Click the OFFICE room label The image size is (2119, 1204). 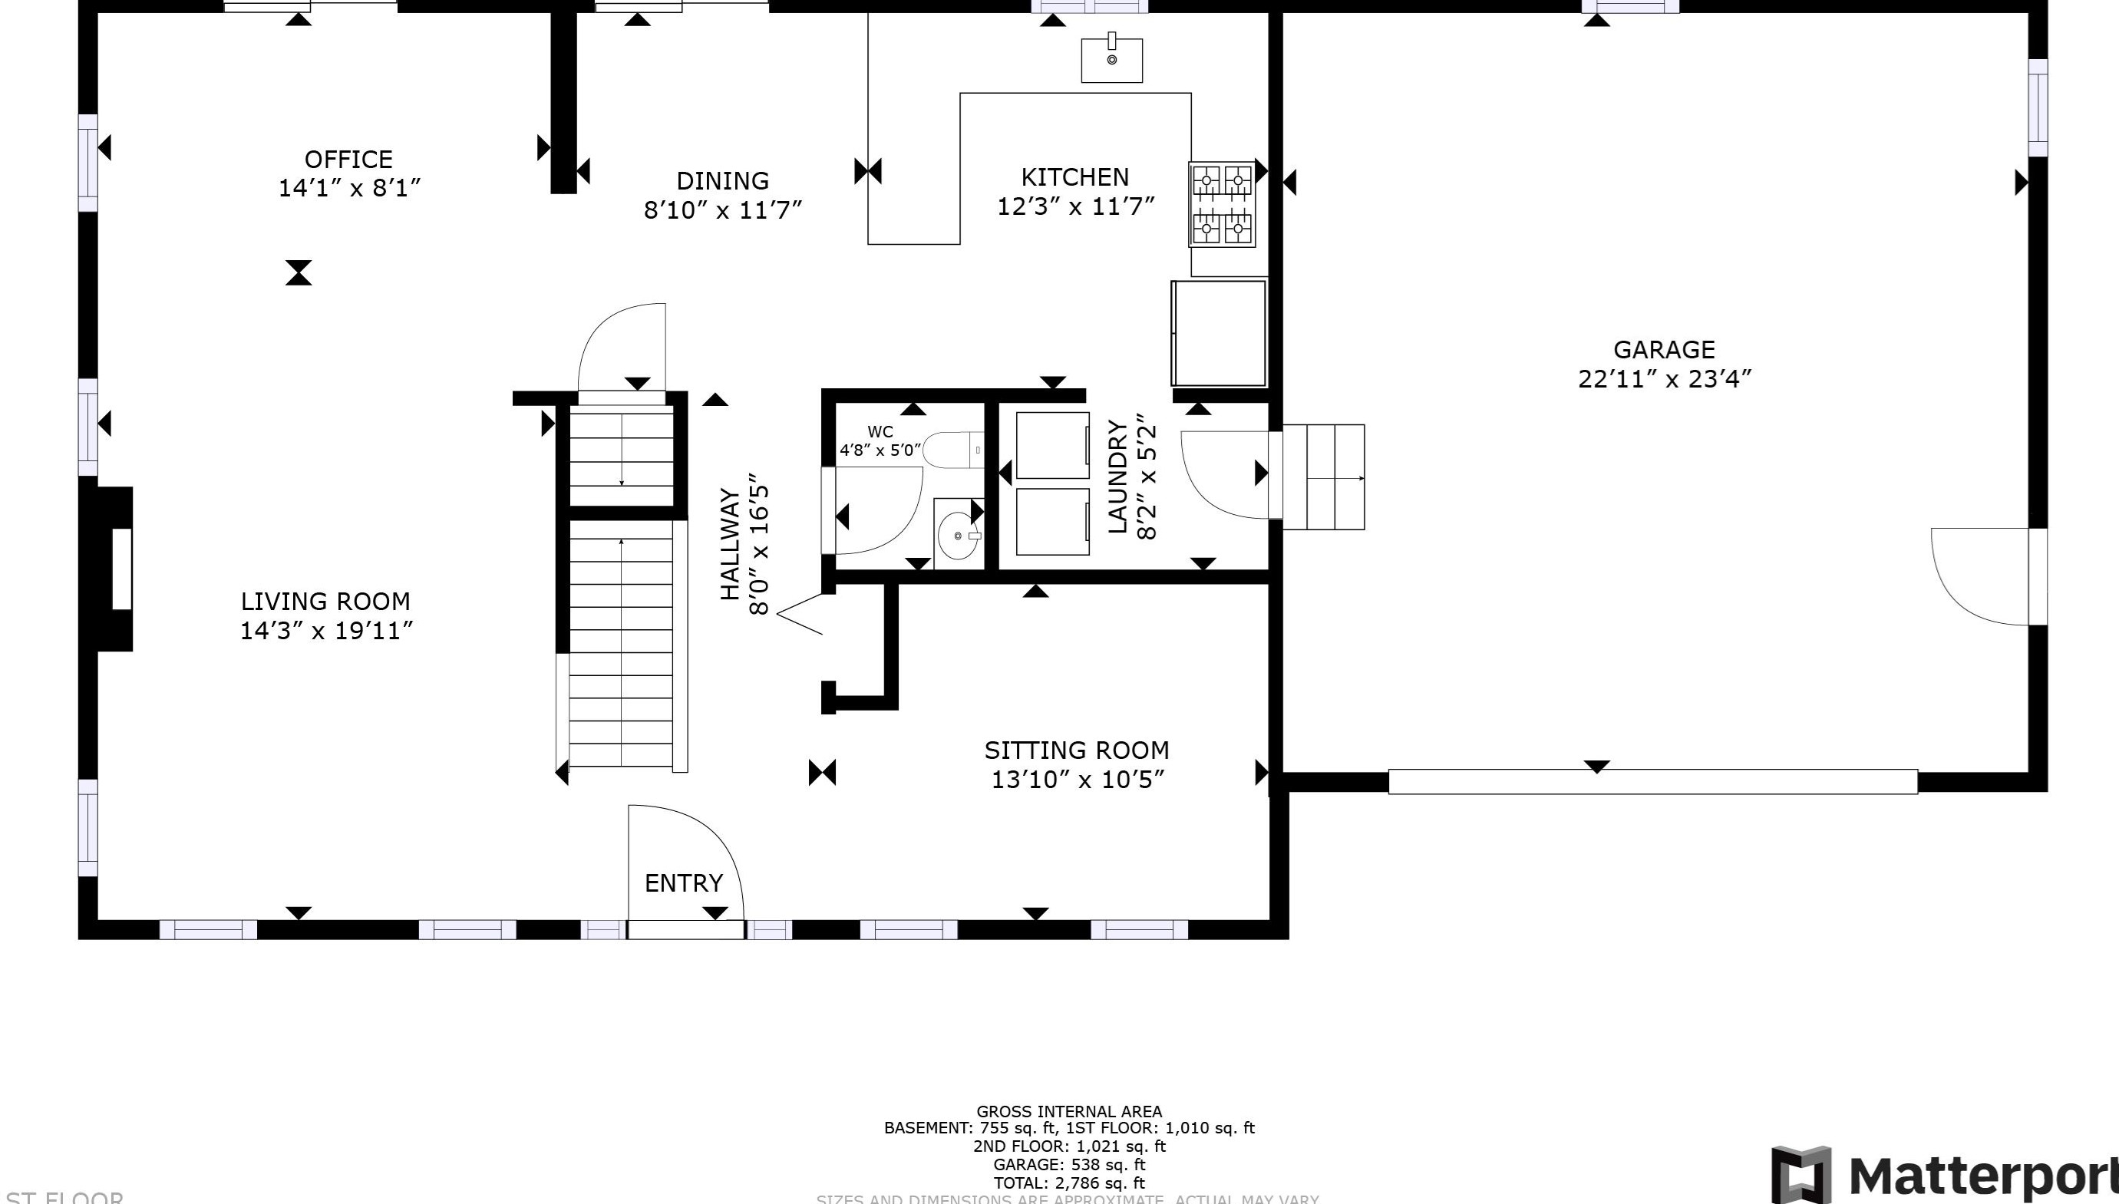click(x=348, y=160)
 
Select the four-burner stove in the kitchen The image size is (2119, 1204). click(x=1221, y=203)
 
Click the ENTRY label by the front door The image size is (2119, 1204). click(x=683, y=883)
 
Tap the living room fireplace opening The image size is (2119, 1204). click(x=121, y=569)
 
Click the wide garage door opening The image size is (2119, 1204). click(x=1652, y=781)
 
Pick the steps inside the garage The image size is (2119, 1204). click(x=1322, y=477)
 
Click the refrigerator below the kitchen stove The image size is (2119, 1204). click(x=1218, y=332)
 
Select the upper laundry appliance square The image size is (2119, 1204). click(x=1051, y=445)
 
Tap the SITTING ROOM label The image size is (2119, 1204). click(x=1077, y=750)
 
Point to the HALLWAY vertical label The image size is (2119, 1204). click(x=730, y=543)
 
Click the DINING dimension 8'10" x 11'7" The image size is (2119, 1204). click(x=723, y=209)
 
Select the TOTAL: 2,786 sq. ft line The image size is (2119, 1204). click(x=1069, y=1183)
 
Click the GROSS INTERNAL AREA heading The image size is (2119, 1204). click(x=1069, y=1111)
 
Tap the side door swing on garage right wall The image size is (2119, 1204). click(x=1980, y=576)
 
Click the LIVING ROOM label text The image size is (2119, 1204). click(x=325, y=601)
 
